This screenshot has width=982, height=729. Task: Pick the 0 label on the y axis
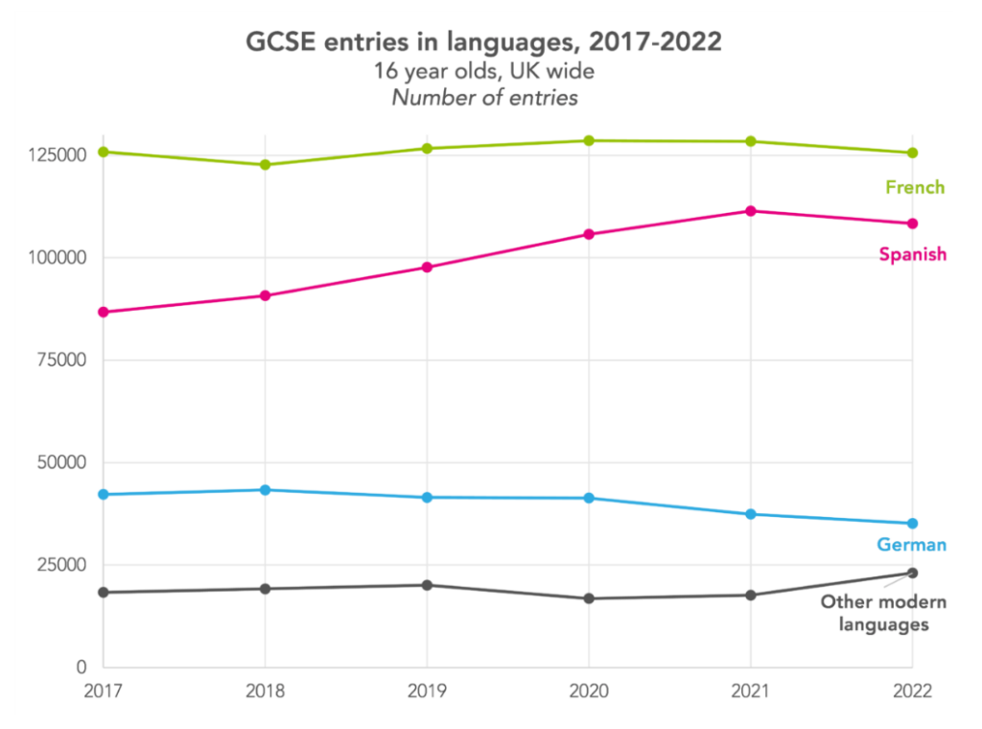(x=82, y=667)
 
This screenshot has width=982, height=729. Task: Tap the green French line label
(x=915, y=187)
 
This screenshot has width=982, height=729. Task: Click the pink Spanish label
(x=913, y=254)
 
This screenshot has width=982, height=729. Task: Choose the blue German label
(x=911, y=545)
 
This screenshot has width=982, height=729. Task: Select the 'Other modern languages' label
(x=883, y=613)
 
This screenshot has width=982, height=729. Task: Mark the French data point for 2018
(x=265, y=165)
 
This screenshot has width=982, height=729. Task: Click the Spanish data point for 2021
(x=750, y=211)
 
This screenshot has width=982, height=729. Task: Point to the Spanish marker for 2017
(x=104, y=313)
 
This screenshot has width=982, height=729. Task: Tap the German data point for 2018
(x=265, y=490)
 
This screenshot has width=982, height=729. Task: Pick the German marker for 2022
(x=912, y=524)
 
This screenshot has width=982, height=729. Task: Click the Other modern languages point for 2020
(x=588, y=599)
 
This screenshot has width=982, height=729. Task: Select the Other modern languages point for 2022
(x=912, y=573)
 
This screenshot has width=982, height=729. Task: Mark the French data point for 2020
(x=588, y=141)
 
